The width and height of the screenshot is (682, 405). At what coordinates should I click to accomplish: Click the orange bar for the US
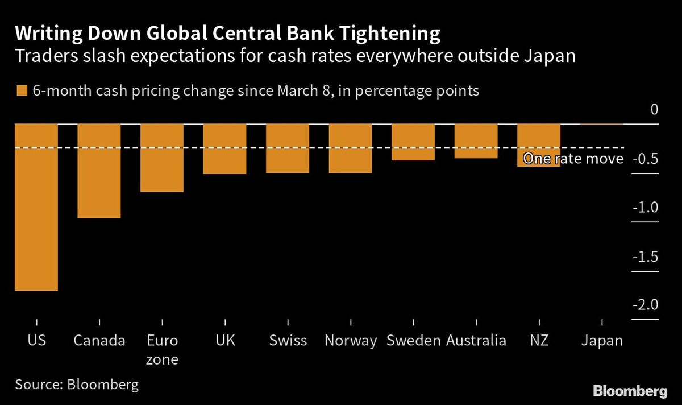coord(36,207)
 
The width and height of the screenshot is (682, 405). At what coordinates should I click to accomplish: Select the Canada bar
coord(99,171)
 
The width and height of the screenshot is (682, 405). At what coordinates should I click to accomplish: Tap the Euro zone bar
coord(162,158)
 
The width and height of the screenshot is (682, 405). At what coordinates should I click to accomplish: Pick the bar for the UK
coord(224,148)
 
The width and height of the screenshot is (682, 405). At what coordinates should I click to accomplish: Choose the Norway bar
coord(350,148)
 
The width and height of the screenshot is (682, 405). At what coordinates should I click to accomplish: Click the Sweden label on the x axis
coord(413,341)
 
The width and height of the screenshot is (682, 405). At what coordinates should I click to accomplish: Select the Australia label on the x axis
coord(476,341)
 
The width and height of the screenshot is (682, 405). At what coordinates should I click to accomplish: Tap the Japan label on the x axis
coord(602,341)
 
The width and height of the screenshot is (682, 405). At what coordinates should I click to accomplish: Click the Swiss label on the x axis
coord(288,341)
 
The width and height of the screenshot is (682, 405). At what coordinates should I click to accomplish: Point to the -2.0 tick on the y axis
coord(645,305)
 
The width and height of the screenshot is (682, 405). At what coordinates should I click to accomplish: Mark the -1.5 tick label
coord(645,257)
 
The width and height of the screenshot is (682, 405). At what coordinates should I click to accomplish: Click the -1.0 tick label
coord(645,207)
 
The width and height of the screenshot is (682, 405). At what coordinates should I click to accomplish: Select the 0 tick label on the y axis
coord(654,109)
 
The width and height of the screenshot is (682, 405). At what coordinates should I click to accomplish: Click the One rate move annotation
coord(573,159)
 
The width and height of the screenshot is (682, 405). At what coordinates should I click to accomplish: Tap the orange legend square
coord(22,91)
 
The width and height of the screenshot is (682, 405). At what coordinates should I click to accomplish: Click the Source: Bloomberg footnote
coord(77,385)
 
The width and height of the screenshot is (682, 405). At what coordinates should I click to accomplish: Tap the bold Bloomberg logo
coord(630,391)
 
